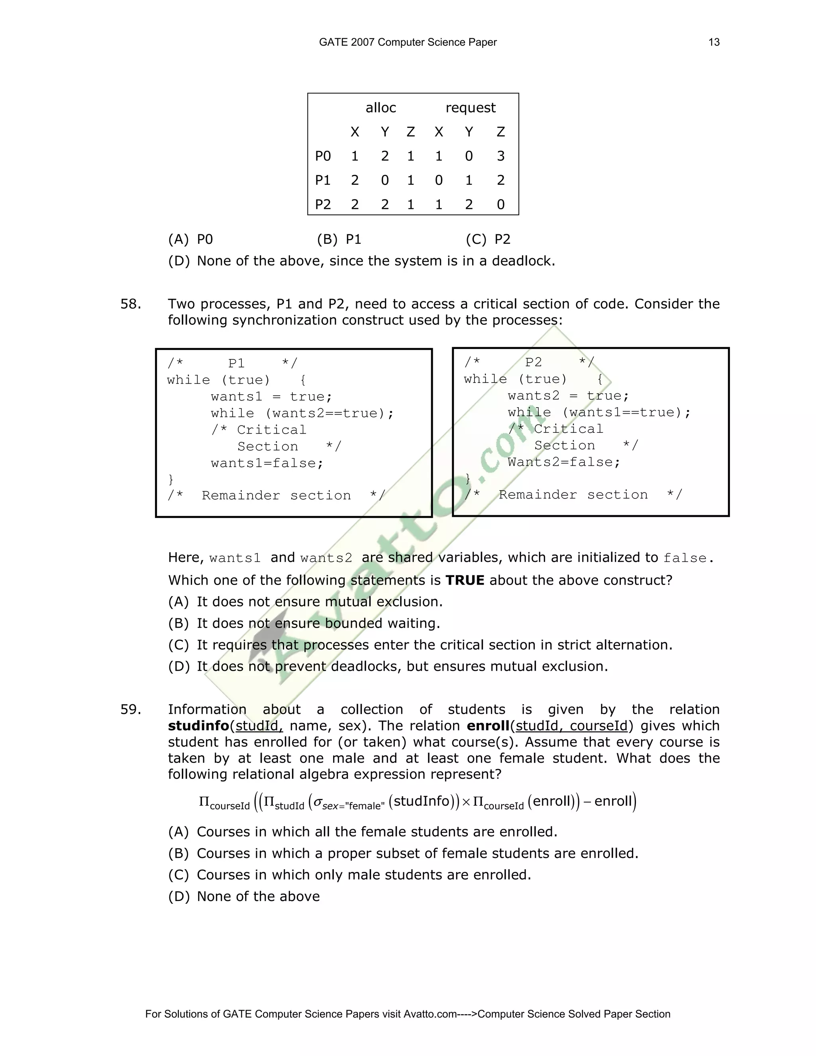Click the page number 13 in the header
(x=714, y=43)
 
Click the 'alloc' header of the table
(x=381, y=108)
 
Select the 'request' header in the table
(x=471, y=108)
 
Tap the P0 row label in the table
(x=323, y=156)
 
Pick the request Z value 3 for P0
(x=500, y=156)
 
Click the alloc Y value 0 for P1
(x=385, y=181)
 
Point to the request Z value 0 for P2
(x=500, y=204)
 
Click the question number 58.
(x=131, y=304)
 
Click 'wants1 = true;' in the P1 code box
(x=271, y=397)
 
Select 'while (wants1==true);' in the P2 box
(x=599, y=412)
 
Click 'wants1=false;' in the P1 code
(x=267, y=463)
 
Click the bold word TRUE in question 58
(x=465, y=580)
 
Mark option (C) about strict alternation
(x=420, y=645)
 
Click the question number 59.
(x=131, y=710)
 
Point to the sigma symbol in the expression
(x=318, y=803)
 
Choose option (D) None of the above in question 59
(x=244, y=897)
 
